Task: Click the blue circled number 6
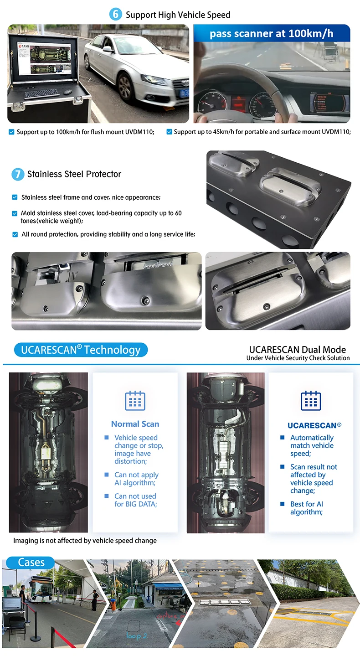click(x=115, y=15)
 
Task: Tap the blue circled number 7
click(x=17, y=174)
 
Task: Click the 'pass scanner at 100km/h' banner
click(x=272, y=34)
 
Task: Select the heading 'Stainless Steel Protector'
click(x=74, y=174)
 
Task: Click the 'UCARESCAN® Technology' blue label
click(x=81, y=350)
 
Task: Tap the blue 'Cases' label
click(x=31, y=563)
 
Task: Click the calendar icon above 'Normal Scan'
click(x=135, y=400)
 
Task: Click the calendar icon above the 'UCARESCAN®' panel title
click(x=311, y=400)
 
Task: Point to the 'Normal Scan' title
click(x=135, y=424)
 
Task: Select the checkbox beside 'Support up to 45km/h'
click(x=169, y=132)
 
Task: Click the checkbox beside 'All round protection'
click(x=15, y=234)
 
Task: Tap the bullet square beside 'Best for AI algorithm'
click(x=283, y=504)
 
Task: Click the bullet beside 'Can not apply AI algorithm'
click(x=107, y=475)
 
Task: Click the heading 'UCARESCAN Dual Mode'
click(x=297, y=350)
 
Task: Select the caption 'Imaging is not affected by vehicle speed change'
click(x=85, y=541)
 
